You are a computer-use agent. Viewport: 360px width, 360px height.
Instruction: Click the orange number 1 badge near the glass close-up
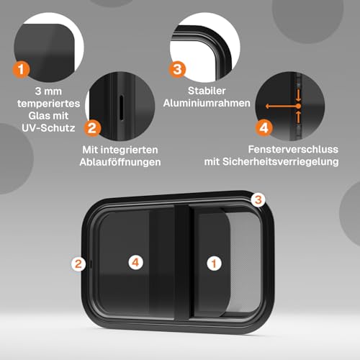(x=22, y=70)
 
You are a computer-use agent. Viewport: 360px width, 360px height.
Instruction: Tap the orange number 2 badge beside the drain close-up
(x=92, y=128)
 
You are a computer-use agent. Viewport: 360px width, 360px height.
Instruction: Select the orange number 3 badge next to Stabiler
(x=177, y=70)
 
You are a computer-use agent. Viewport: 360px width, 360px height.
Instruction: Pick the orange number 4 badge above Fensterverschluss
(x=264, y=128)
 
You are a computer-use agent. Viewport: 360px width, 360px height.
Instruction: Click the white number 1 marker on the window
(x=213, y=264)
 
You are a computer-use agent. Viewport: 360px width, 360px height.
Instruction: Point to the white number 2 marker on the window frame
(x=78, y=264)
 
